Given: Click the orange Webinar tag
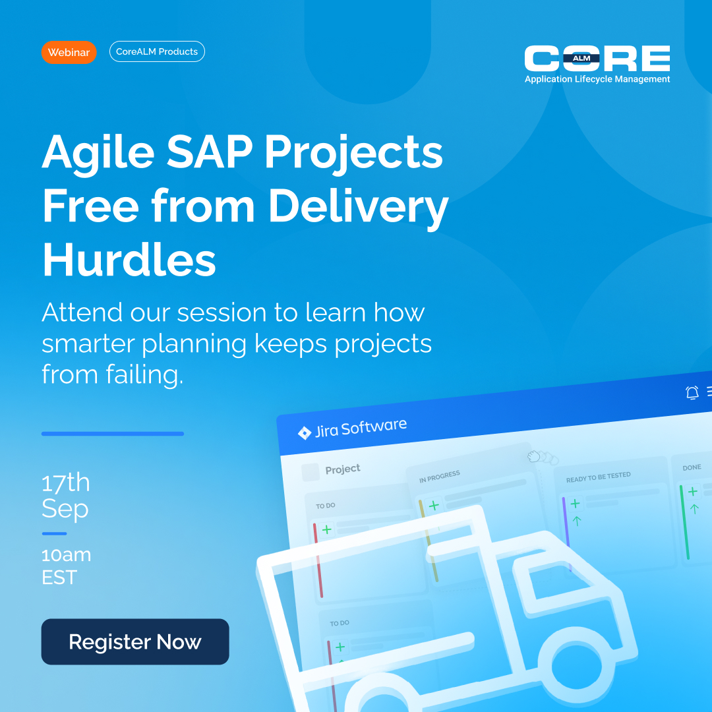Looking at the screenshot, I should pyautogui.click(x=69, y=52).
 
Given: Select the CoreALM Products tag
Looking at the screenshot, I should pyautogui.click(x=157, y=51).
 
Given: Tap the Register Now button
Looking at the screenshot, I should pyautogui.click(x=135, y=641).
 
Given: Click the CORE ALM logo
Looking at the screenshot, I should pyautogui.click(x=597, y=59).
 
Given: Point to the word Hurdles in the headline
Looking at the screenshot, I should pyautogui.click(x=129, y=259).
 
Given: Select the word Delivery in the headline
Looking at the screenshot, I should pyautogui.click(x=358, y=206).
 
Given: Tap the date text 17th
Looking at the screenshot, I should pyautogui.click(x=65, y=483).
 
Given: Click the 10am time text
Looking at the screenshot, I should pyautogui.click(x=66, y=554).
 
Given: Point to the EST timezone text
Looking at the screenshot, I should pyautogui.click(x=59, y=578).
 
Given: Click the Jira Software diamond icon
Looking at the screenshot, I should pyautogui.click(x=304, y=433).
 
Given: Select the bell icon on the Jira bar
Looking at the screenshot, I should pyautogui.click(x=692, y=393).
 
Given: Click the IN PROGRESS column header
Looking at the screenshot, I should pyautogui.click(x=439, y=477).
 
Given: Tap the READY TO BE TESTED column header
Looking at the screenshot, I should pyautogui.click(x=598, y=477).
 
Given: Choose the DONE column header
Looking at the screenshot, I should pyautogui.click(x=692, y=467).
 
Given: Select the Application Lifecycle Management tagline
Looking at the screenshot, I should pyautogui.click(x=597, y=79).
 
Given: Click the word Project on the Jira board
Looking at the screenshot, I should pyautogui.click(x=343, y=469).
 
